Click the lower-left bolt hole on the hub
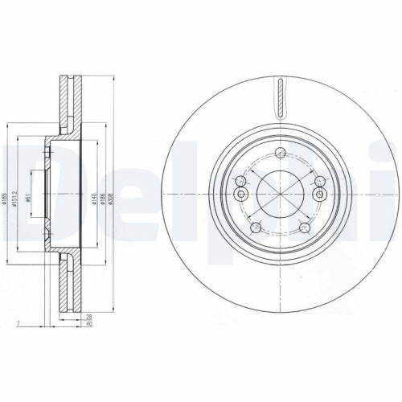click(256, 229)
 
